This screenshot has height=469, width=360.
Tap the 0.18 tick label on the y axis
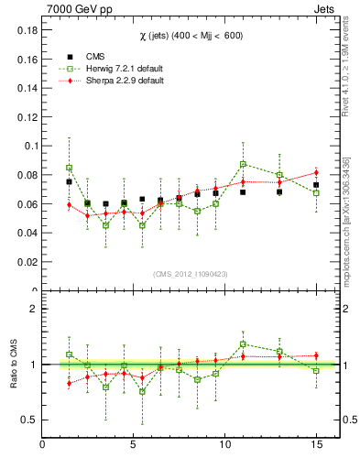click(x=26, y=29)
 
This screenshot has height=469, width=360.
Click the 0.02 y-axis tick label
click(x=26, y=262)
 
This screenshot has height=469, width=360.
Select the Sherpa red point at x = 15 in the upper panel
click(x=316, y=172)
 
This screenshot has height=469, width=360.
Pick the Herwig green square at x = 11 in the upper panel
click(x=243, y=164)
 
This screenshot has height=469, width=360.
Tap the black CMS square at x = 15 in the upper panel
click(x=316, y=185)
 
